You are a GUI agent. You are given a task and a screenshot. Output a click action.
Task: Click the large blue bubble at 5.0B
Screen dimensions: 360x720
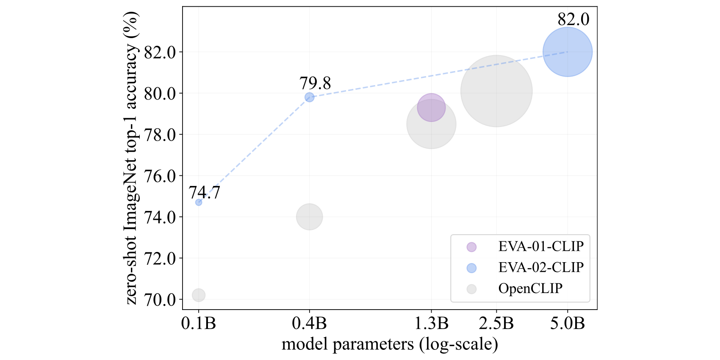pos(567,52)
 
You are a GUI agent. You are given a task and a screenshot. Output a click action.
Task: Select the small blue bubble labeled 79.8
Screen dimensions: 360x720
pos(310,97)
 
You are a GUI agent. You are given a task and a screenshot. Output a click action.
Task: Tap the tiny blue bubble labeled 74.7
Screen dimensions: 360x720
pos(199,202)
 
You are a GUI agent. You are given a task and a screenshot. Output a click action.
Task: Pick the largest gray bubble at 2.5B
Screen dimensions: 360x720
pos(496,91)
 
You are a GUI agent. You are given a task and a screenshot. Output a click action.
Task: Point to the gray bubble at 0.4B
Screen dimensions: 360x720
pos(310,217)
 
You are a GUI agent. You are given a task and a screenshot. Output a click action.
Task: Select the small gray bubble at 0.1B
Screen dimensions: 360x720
pos(199,295)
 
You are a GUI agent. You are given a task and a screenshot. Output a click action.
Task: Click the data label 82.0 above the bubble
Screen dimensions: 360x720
pos(573,19)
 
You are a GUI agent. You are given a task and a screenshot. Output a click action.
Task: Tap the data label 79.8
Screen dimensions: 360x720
pos(315,83)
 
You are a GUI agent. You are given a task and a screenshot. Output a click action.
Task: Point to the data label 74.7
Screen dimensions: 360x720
pos(205,193)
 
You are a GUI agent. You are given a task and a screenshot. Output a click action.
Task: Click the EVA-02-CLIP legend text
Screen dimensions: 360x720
pos(541,268)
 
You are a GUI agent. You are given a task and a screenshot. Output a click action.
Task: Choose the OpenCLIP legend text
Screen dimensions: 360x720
pos(530,289)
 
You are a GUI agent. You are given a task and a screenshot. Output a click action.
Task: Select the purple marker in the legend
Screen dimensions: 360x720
pos(471,247)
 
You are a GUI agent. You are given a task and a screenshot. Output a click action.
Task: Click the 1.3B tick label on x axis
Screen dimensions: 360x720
pos(431,324)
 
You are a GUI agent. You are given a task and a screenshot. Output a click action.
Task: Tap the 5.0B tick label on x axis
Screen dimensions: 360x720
pos(567,324)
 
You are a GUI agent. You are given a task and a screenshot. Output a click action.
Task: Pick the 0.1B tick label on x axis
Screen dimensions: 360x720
pos(199,324)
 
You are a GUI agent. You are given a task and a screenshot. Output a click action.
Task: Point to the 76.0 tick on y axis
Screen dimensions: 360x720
pos(160,176)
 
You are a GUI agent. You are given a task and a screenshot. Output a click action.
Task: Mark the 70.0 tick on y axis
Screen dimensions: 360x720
pos(160,299)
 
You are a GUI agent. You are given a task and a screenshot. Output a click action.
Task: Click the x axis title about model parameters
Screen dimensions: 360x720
pos(390,344)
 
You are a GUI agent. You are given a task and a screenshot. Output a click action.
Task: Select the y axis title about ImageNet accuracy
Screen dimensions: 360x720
pos(132,158)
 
